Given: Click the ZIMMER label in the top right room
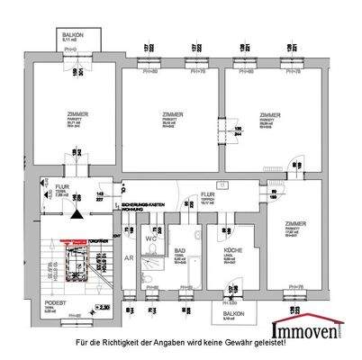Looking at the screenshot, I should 268,115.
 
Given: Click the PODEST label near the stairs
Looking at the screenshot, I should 56,303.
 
